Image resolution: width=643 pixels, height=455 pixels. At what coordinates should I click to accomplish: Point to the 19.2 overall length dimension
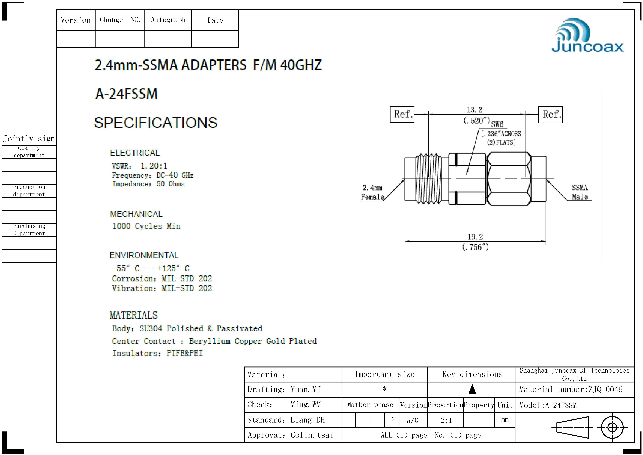(475, 237)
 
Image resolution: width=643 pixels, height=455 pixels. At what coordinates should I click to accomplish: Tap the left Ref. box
(402, 114)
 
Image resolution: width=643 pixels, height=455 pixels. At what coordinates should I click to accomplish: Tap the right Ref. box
(550, 114)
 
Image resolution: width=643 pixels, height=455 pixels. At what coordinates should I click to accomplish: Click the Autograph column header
(168, 20)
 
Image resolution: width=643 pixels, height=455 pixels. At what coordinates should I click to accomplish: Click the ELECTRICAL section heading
(135, 153)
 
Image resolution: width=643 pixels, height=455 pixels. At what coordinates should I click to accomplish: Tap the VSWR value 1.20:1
(154, 166)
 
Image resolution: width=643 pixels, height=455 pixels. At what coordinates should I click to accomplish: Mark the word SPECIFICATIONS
(156, 122)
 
